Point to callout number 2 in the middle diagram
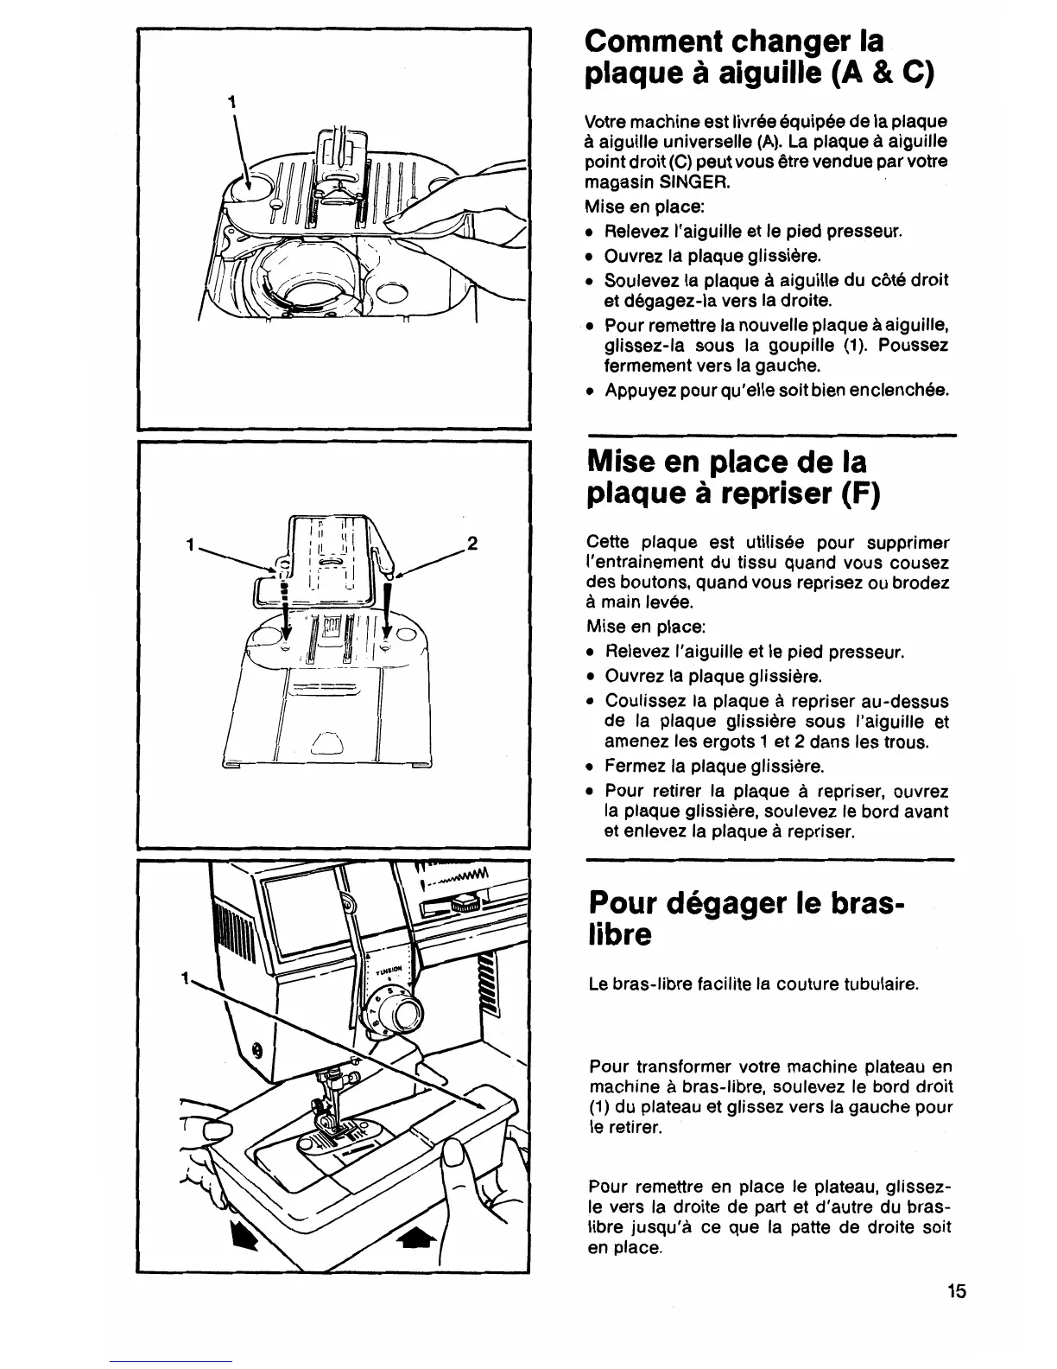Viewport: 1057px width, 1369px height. pos(472,544)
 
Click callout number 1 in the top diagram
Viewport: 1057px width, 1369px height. pos(231,100)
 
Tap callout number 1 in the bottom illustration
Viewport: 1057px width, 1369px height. pos(184,979)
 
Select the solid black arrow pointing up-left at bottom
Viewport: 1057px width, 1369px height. pos(244,1236)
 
